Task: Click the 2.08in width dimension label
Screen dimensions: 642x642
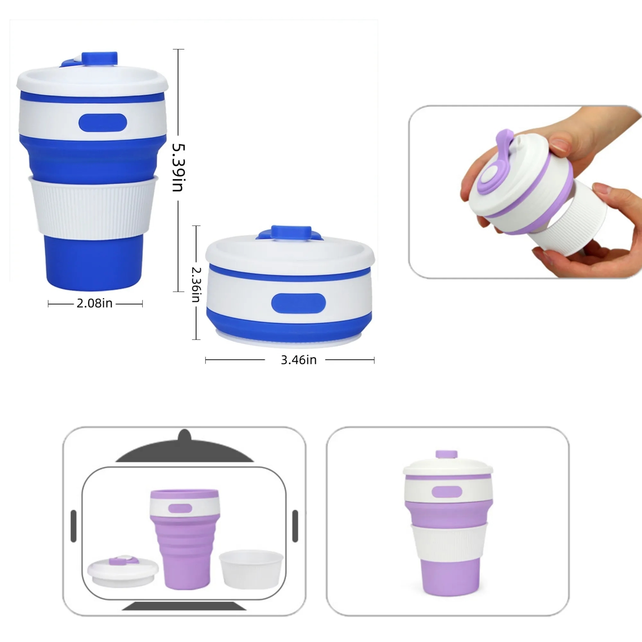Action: coord(95,303)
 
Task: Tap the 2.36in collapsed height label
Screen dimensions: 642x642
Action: coord(196,285)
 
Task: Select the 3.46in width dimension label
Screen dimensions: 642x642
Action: coord(299,360)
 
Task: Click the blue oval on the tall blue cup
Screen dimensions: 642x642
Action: coord(103,123)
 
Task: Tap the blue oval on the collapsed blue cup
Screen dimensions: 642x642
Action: coord(298,303)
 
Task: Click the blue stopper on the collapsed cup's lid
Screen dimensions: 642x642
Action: coord(291,232)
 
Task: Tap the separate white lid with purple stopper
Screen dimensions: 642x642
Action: coord(123,571)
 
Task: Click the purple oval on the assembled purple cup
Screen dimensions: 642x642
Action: coord(447,492)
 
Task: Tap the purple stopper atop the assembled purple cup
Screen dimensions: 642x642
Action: coord(447,455)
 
